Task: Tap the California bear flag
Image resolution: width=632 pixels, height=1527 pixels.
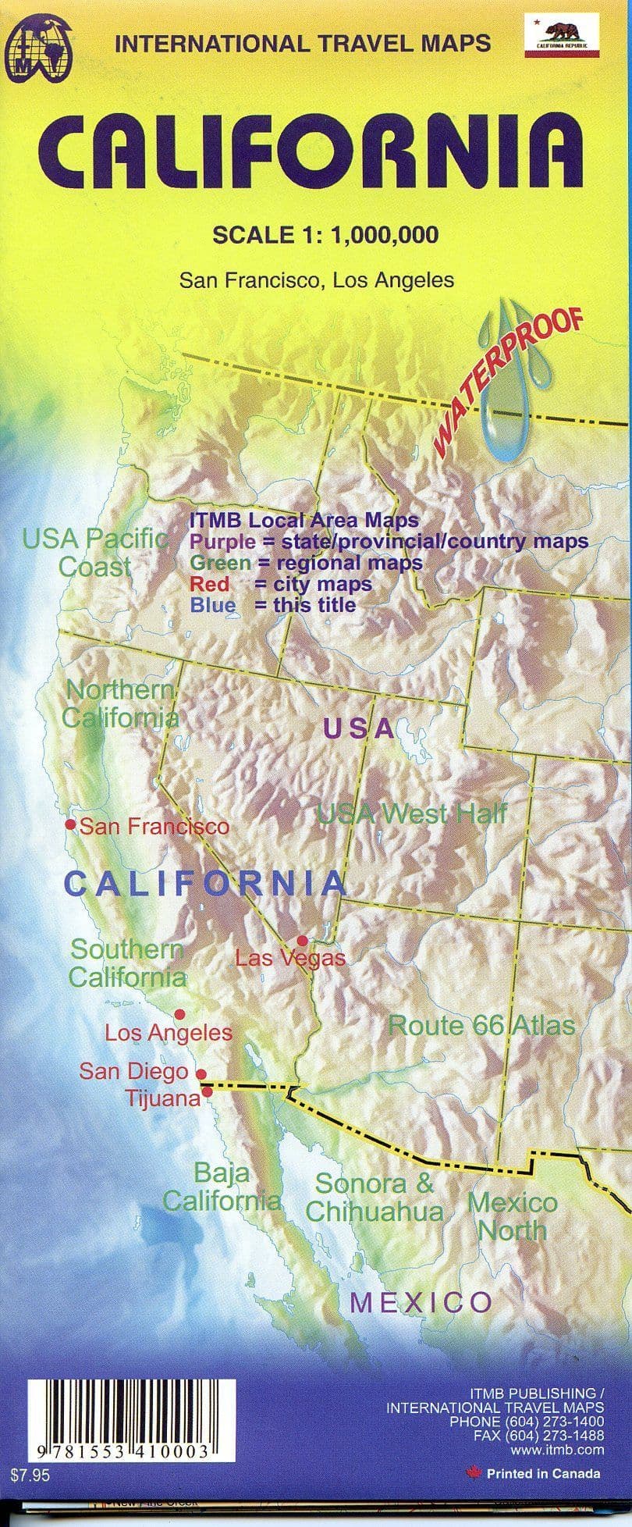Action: [562, 36]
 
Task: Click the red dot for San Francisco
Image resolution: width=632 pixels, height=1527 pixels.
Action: [70, 824]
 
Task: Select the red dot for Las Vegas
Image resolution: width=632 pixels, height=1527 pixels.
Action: [302, 941]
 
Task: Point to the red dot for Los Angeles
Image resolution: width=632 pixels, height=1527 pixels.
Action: [179, 1014]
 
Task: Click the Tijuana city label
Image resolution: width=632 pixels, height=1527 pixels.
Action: [163, 1098]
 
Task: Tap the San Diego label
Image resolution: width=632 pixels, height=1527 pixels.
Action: [133, 1071]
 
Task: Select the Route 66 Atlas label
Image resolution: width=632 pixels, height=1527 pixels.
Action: [481, 1025]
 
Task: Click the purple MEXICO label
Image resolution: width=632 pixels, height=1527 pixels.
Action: [421, 1302]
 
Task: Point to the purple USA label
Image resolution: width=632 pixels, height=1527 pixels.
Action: [359, 728]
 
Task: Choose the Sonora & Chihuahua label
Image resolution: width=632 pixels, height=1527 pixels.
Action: [374, 1198]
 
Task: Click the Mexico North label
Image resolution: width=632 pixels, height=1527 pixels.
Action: [512, 1216]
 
